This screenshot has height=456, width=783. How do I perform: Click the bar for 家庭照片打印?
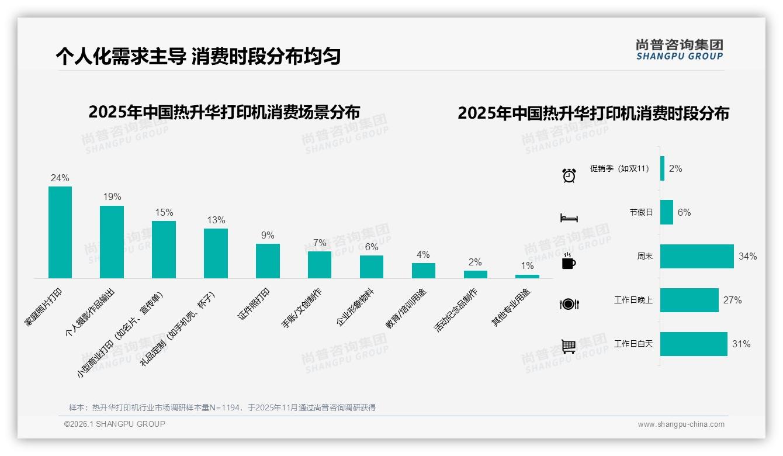click(60, 232)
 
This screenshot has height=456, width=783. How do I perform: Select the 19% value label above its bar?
click(112, 197)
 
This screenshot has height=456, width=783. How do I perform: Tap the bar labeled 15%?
click(164, 250)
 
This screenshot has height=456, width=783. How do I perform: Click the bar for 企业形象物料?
click(371, 267)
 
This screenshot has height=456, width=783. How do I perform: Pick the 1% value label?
click(527, 266)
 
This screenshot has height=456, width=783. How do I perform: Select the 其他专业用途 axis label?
click(511, 307)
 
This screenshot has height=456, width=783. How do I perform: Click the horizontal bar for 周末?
click(697, 256)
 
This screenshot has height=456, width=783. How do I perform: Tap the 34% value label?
click(747, 256)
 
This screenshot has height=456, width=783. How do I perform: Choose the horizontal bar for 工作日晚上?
click(689, 300)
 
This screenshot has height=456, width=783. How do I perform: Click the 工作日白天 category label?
click(633, 344)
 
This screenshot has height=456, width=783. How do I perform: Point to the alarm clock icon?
click(569, 175)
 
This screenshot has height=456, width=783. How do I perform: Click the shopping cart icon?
click(569, 346)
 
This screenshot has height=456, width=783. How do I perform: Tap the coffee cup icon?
click(569, 262)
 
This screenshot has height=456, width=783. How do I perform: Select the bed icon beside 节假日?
click(569, 218)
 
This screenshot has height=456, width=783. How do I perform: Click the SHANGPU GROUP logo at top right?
click(679, 50)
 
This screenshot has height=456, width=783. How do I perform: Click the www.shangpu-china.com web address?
click(681, 424)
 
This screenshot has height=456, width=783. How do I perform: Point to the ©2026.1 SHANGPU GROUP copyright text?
click(115, 424)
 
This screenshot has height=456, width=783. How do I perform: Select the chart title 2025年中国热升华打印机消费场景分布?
click(224, 112)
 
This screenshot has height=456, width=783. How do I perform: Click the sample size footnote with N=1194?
click(222, 407)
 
